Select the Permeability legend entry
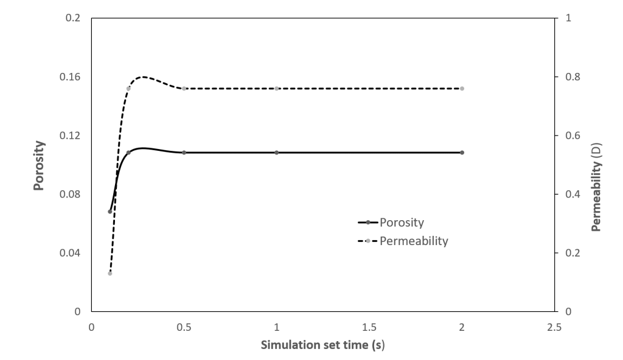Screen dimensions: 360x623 [413, 241]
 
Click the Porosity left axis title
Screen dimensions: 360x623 [39, 165]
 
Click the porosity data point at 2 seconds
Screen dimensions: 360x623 [462, 152]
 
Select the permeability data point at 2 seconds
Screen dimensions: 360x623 [462, 88]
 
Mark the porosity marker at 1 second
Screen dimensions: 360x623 [277, 152]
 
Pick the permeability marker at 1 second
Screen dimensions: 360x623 [277, 88]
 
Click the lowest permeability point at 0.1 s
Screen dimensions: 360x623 [110, 273]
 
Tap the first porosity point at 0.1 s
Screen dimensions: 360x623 [110, 212]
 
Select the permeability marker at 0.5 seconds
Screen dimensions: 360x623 [184, 88]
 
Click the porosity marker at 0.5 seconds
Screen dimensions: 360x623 [184, 152]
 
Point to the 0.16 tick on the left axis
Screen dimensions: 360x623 [72, 77]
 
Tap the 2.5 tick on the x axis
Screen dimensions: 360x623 [554, 327]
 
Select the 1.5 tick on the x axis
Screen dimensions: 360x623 [369, 327]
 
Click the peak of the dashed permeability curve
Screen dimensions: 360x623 [144, 77]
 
